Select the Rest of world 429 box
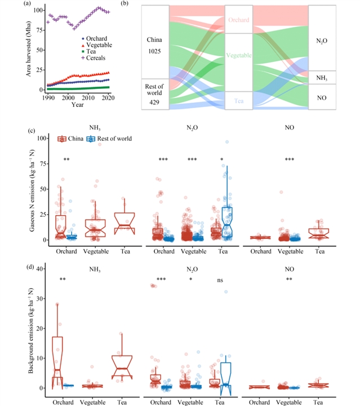[x=154, y=93]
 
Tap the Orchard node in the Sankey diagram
[x=239, y=20]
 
